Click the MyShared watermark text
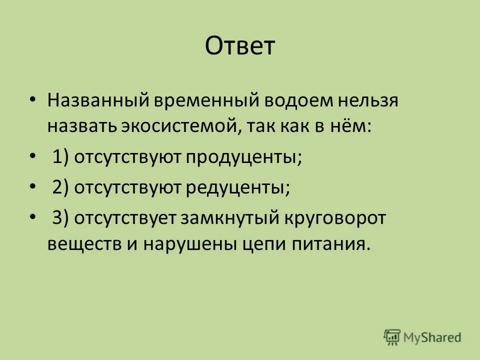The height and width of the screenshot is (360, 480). (433, 337)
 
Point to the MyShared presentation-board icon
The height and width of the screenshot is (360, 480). (392, 336)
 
